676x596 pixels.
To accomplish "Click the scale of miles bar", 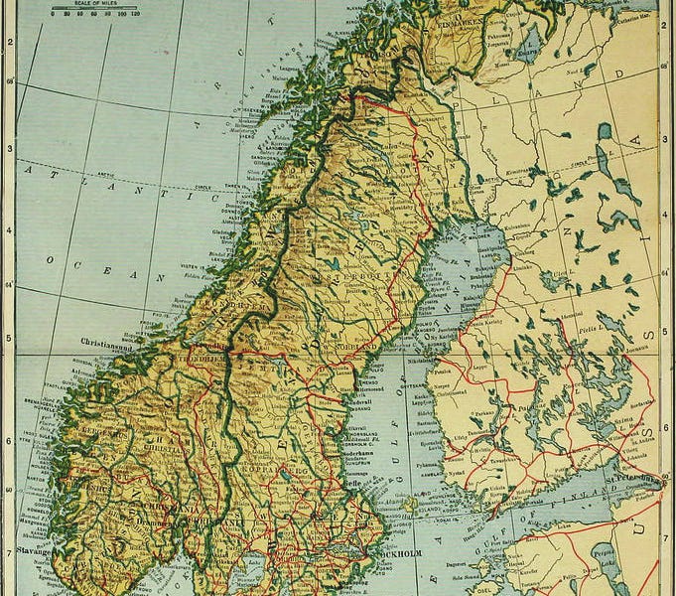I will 94,11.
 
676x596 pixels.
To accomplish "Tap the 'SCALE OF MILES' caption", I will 93,3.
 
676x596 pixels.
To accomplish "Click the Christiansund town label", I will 109,340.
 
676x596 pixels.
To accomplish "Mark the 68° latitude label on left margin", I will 10,81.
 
